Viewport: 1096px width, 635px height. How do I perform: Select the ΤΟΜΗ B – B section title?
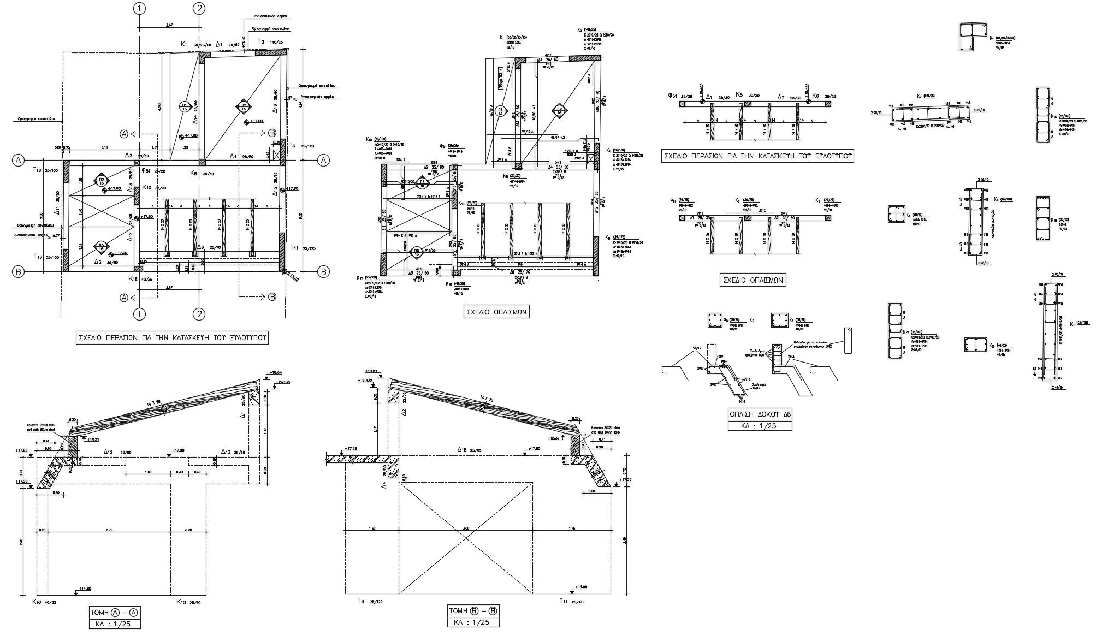(473, 611)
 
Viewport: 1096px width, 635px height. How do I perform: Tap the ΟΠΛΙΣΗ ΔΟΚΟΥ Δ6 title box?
(760, 414)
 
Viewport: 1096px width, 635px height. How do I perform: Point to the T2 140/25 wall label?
(270, 42)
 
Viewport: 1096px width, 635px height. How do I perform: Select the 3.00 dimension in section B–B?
(466, 529)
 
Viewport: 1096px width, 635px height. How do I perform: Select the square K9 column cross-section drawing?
(896, 215)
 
